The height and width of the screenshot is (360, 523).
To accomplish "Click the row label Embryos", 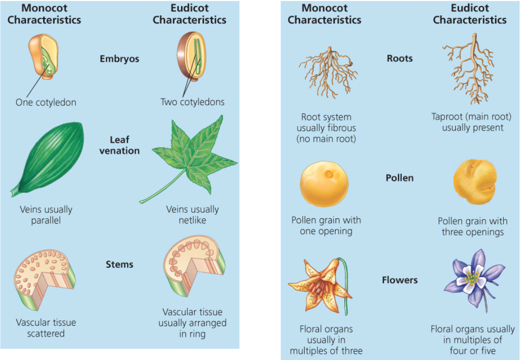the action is [x=119, y=59].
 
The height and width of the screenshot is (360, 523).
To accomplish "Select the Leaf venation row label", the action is [x=119, y=145].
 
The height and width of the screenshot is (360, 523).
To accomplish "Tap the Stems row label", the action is [x=119, y=264].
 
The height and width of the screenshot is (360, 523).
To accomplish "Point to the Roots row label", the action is [x=399, y=58].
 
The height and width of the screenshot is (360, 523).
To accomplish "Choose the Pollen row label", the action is [x=399, y=178].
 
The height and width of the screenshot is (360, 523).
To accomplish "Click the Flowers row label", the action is [x=399, y=280].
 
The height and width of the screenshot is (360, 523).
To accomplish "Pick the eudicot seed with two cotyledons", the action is [x=192, y=57].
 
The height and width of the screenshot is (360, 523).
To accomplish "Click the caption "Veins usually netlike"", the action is [x=192, y=215].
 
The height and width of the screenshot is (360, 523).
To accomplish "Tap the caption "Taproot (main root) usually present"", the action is [x=472, y=122].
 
